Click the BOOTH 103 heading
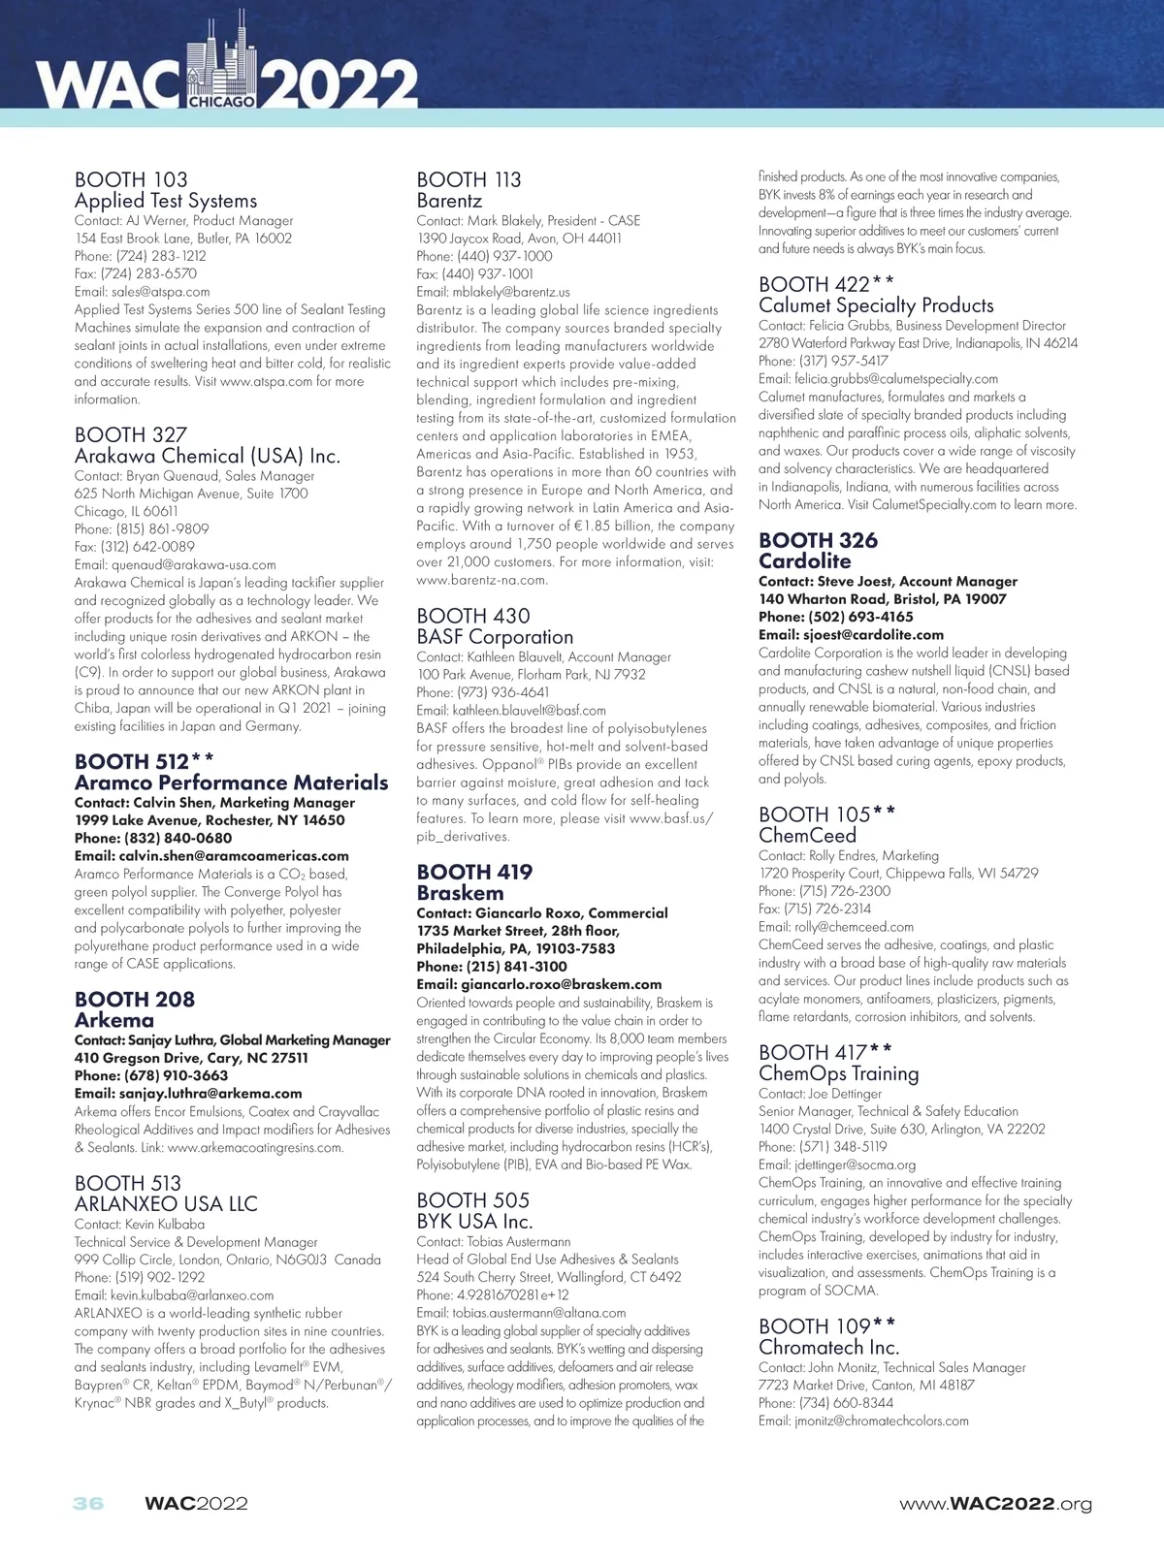pos(131,179)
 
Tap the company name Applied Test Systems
pos(166,201)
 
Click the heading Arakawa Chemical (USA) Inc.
pos(208,456)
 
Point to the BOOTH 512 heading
pos(144,761)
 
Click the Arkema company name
pos(114,1020)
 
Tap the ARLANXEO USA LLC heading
pos(166,1204)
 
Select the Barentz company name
pos(449,201)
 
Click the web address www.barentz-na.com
pos(482,580)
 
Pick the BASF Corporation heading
pos(495,637)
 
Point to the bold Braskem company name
pos(460,893)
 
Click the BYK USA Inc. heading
pos(474,1222)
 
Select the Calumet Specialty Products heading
pos(876,305)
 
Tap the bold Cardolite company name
pos(804,561)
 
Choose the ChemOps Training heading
pos(838,1073)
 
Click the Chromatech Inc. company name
pos(828,1348)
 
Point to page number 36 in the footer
pos(88,1504)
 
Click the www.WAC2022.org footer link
pos(995,1505)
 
